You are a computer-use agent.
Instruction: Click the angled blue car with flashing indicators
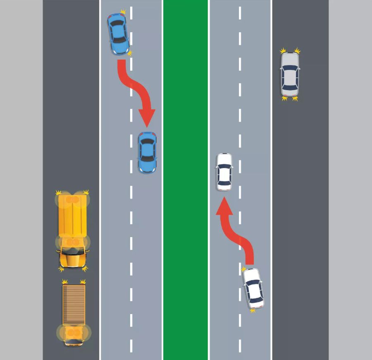pyautogui.click(x=118, y=34)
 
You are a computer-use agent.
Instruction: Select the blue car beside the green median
pyautogui.click(x=147, y=152)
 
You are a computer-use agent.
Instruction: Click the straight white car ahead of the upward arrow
pyautogui.click(x=224, y=172)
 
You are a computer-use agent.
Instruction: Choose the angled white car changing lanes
pyautogui.click(x=253, y=289)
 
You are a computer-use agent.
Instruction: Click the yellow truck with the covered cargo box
pyautogui.click(x=73, y=230)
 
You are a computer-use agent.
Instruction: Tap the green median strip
pyautogui.click(x=185, y=180)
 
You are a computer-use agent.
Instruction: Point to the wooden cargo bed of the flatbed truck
pyautogui.click(x=74, y=304)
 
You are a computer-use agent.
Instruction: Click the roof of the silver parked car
pyautogui.click(x=290, y=76)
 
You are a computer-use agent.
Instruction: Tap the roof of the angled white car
pyautogui.click(x=253, y=290)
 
